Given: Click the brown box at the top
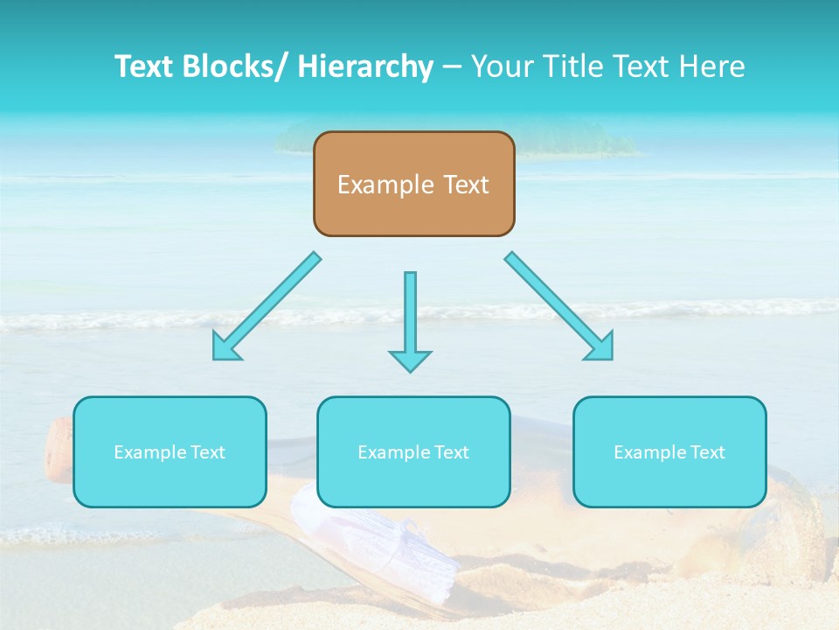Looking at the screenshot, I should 413,184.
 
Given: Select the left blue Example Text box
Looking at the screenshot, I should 170,451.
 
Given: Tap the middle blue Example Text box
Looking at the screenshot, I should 413,451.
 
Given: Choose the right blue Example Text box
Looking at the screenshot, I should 669,451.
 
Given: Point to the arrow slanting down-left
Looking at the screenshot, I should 267,306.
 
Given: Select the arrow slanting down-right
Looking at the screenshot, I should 559,306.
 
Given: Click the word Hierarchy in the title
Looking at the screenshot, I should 365,66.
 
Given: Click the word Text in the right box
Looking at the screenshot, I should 706,452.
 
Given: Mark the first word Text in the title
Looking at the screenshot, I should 147,66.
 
